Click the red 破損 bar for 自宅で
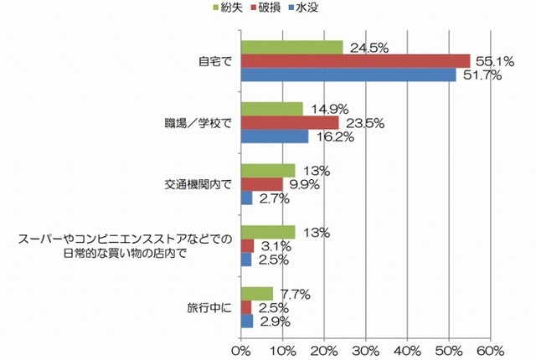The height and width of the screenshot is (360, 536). [355, 60]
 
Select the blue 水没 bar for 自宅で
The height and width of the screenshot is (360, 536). [348, 75]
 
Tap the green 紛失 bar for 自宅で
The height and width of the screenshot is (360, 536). [291, 47]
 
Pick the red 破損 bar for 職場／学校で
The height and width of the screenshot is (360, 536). [290, 122]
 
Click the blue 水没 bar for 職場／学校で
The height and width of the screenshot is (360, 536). [275, 136]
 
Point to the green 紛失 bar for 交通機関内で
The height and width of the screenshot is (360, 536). [268, 171]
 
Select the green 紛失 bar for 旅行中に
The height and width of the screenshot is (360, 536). [257, 294]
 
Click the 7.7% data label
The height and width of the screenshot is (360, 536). [296, 294]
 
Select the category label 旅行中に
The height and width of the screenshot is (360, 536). [209, 307]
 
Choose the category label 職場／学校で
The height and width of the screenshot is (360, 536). [192, 122]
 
